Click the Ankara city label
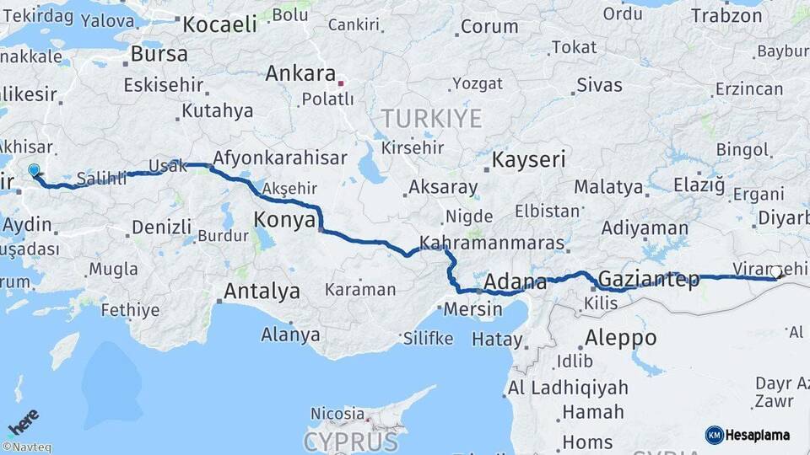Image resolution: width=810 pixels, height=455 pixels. click(x=300, y=73)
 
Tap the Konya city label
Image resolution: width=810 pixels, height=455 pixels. click(x=284, y=221)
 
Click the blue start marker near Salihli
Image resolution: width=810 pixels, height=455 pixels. click(x=34, y=171)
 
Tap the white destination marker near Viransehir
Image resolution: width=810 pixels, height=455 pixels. click(x=775, y=272)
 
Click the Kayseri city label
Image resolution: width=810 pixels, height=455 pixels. click(x=529, y=159)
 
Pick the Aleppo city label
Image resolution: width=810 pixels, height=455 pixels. click(x=620, y=337)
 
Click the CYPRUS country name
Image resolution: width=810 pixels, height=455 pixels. click(x=350, y=441)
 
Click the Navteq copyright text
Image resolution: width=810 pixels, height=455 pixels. click(x=26, y=447)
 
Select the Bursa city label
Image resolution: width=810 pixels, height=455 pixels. click(x=159, y=54)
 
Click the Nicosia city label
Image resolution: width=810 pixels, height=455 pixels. click(x=337, y=413)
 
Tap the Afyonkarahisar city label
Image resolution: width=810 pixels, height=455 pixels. click(x=280, y=158)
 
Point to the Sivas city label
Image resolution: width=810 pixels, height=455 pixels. click(x=600, y=85)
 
